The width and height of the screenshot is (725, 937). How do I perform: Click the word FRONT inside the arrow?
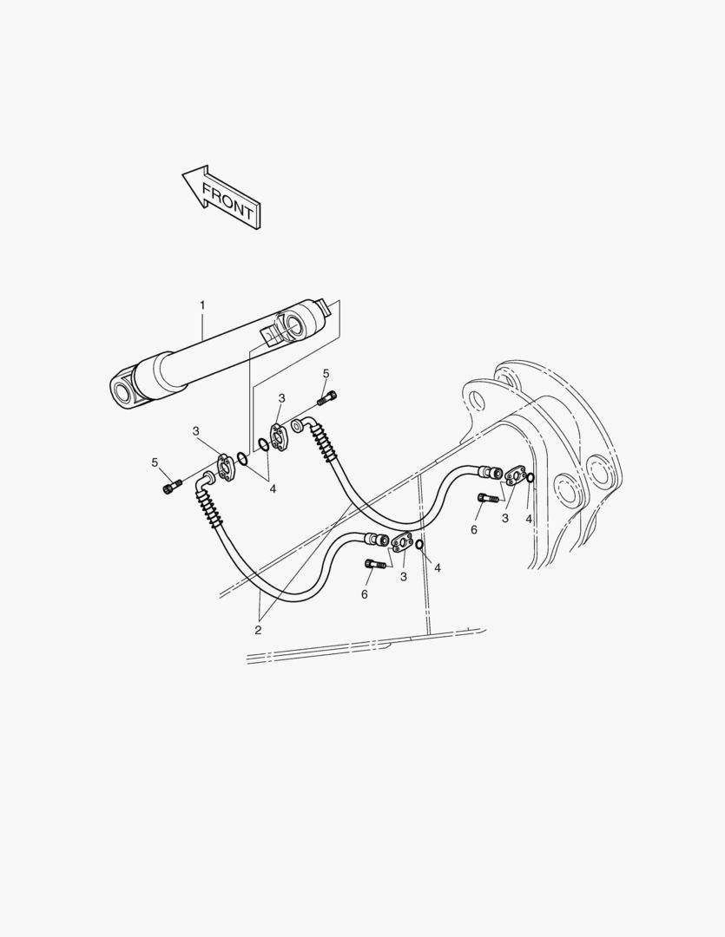(227, 200)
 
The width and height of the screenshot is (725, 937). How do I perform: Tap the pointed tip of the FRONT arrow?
(182, 174)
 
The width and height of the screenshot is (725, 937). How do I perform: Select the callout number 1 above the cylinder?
(202, 305)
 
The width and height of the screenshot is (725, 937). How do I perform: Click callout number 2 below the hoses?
(258, 631)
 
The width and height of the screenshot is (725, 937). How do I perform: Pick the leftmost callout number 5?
(155, 462)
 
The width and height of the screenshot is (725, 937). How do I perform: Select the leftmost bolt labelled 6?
(372, 563)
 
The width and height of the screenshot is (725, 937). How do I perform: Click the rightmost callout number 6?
(474, 529)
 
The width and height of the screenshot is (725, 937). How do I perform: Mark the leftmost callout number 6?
(365, 594)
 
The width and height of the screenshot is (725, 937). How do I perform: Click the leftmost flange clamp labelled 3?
(226, 467)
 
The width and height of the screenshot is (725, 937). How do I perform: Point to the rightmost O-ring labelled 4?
(530, 477)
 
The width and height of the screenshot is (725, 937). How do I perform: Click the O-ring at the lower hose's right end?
(420, 544)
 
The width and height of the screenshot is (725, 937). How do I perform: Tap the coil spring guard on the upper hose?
(321, 442)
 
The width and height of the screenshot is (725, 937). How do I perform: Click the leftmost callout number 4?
(273, 488)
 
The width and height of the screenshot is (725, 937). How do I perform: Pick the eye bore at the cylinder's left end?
(123, 393)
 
